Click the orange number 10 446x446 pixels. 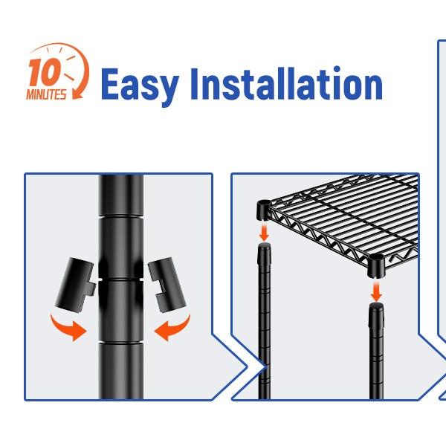[44, 72]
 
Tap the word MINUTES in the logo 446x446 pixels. [46, 94]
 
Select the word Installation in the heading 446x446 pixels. [286, 83]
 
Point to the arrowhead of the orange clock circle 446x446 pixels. [77, 94]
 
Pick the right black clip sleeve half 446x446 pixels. [167, 285]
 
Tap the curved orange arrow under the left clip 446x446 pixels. [68, 328]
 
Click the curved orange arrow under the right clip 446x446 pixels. [172, 328]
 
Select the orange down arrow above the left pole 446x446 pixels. [264, 233]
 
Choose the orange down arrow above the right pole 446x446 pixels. [376, 291]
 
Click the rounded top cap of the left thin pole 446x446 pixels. [264, 246]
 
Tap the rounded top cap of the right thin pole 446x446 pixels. [376, 306]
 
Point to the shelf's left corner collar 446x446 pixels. [264, 210]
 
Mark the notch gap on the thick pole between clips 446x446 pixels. [121, 279]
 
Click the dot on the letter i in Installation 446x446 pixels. [337, 69]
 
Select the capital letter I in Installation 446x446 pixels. [194, 83]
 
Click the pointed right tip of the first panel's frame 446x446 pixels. [247, 367]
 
